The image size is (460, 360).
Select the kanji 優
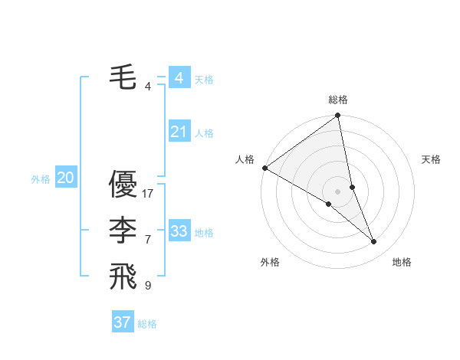point(123,184)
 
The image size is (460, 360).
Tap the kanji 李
point(123,230)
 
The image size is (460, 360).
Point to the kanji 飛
point(123,276)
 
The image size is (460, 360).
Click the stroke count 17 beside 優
point(149,193)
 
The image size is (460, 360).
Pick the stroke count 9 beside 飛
point(148,285)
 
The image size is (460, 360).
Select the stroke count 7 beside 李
point(148,239)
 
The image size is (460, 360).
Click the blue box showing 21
point(179,132)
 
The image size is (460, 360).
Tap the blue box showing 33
point(179,231)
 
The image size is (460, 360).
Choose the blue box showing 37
point(122,322)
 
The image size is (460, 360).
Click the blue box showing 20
point(65,178)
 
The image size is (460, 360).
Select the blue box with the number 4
point(179,78)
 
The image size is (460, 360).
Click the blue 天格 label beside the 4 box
point(204,80)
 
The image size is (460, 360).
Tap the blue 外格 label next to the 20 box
point(41,179)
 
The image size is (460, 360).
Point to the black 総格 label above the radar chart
point(338,100)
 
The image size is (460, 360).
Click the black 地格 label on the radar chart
point(402,262)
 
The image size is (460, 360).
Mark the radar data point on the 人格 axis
point(264,168)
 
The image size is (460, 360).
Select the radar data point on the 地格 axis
point(374,242)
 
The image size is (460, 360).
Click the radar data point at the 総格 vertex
point(338,116)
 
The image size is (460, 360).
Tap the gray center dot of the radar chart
point(338,191)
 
